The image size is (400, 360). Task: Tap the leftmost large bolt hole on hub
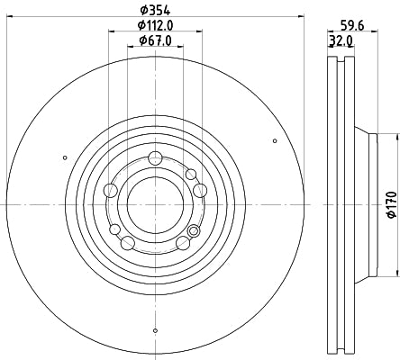(112, 189)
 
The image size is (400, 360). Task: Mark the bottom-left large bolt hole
(129, 241)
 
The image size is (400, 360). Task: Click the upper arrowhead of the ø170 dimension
(395, 136)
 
